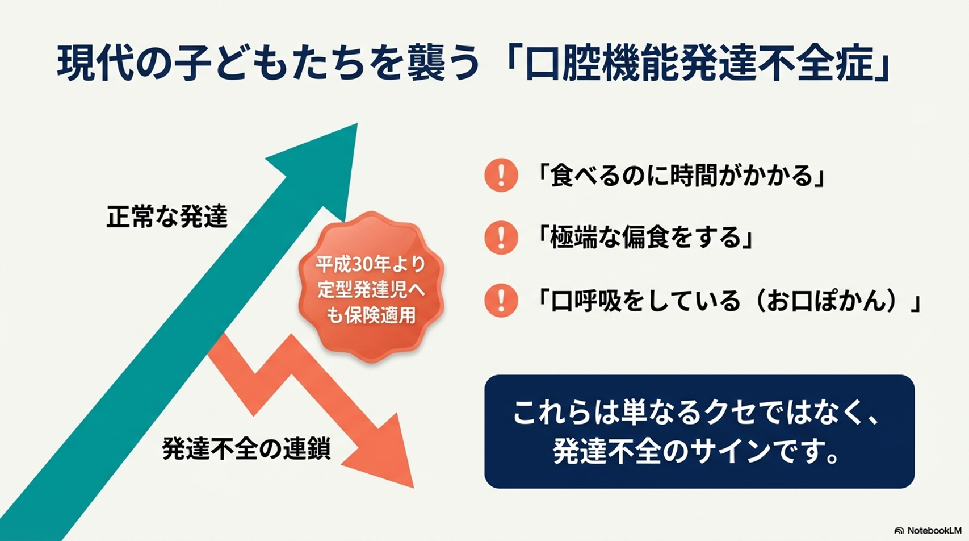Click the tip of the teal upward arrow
357,124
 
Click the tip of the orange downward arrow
414,488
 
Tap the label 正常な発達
167,216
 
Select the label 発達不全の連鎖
246,449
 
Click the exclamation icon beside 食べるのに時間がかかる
501,175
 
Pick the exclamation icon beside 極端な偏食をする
501,238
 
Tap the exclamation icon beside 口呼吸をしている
501,300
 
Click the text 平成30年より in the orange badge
371,264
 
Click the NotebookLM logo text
934,531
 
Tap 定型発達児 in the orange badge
363,290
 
